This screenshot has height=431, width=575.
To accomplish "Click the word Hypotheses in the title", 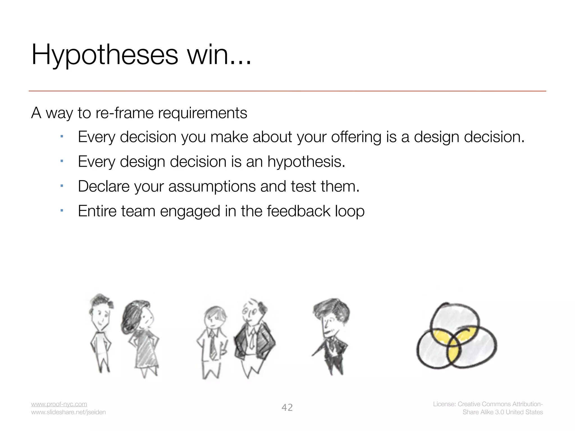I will [104, 55].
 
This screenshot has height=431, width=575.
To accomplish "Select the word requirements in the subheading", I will [202, 113].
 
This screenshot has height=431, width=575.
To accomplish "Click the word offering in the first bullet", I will [356, 137].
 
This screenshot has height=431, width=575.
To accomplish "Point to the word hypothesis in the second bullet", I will [306, 162].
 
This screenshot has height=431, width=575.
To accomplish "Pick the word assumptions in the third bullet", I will [212, 187].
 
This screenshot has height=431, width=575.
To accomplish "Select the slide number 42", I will [287, 407].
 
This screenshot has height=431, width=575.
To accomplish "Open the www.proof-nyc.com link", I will [59, 404].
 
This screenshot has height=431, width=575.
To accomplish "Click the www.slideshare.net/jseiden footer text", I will [68, 412].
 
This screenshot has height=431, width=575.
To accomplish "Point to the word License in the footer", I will [444, 404].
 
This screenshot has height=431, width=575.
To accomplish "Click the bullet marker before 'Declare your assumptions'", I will [62, 186].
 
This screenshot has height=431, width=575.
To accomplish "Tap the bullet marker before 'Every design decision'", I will [62, 161].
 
